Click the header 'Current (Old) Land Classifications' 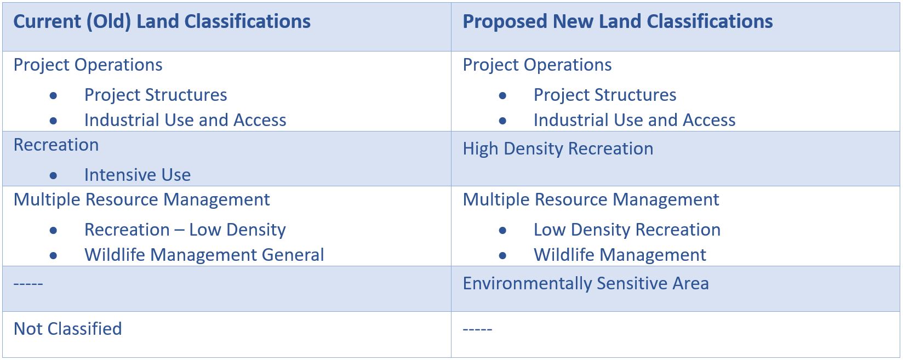[162, 22]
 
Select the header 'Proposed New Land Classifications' [618, 22]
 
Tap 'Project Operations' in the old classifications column [88, 65]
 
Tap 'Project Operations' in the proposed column [537, 65]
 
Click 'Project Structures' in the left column [156, 95]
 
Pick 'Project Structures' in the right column [605, 95]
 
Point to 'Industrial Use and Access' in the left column [185, 120]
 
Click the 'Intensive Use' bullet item [138, 175]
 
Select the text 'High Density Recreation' [558, 149]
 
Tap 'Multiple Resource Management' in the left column [141, 200]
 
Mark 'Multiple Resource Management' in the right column [591, 200]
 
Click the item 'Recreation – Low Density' [185, 230]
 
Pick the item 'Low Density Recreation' [627, 230]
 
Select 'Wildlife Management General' [204, 255]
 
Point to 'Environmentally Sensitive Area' [586, 284]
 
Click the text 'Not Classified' [68, 329]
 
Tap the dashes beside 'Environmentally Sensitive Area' [28, 284]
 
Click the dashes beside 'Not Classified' [478, 330]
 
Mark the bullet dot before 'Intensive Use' [53, 176]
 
